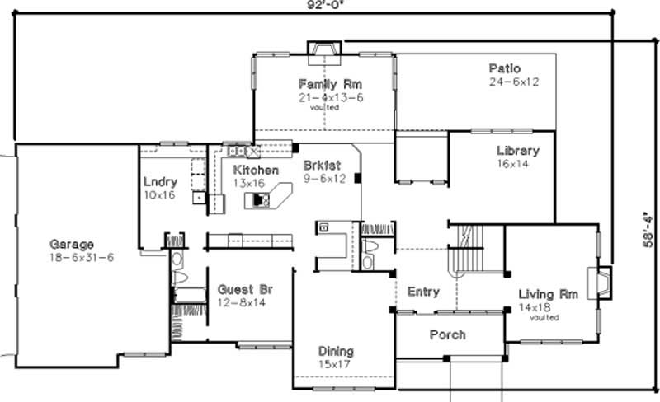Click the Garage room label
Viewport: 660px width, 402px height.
(72, 245)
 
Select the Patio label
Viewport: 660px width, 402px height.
(504, 68)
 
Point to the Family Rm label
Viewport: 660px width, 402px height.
(330, 84)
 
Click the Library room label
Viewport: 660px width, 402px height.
(517, 151)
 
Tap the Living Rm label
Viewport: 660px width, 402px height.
(546, 294)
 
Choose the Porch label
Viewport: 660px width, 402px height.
(447, 334)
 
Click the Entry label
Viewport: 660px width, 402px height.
(423, 292)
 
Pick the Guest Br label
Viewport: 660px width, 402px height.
(245, 290)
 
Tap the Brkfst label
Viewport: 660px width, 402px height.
(322, 165)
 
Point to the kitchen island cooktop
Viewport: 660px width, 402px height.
(261, 199)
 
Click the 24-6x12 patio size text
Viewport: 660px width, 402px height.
(512, 82)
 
